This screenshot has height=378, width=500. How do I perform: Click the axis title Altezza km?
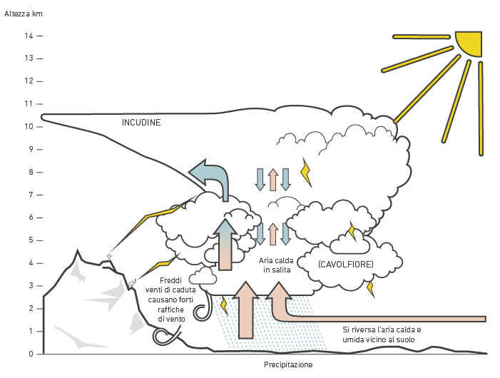24,14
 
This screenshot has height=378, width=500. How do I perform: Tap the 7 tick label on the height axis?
31,195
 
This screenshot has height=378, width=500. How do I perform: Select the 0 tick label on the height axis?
31,354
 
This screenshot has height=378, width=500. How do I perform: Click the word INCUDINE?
141,123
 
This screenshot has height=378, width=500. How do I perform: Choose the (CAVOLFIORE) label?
346,264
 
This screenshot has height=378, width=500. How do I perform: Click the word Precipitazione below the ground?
288,364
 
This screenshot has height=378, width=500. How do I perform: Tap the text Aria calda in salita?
276,265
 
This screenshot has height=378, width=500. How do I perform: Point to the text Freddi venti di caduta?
170,285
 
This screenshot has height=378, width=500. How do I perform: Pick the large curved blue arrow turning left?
210,178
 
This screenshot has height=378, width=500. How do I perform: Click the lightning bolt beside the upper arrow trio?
306,172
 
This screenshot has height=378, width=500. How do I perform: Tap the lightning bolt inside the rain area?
224,305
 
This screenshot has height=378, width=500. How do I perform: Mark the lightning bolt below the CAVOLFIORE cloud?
370,289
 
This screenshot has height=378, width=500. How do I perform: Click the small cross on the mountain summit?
109,257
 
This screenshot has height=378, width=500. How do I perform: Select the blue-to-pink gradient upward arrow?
225,245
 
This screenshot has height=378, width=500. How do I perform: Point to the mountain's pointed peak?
78,251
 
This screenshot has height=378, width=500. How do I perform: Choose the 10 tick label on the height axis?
29,126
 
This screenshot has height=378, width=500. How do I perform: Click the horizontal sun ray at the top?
422,37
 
